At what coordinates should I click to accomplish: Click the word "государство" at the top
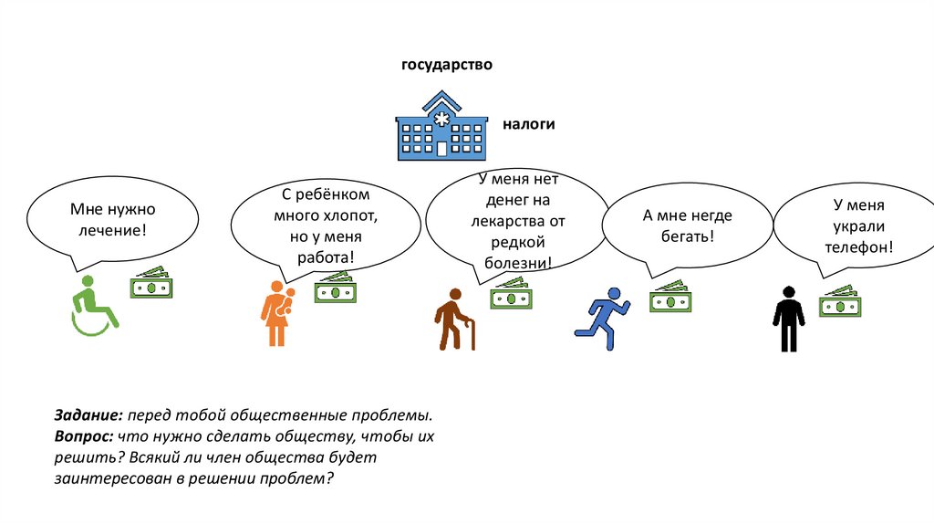click(x=447, y=66)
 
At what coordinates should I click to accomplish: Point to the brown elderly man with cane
click(x=453, y=320)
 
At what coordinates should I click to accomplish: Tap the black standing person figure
click(x=788, y=319)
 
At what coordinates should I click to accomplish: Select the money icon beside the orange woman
click(x=335, y=288)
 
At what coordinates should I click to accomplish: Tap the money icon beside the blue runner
click(x=671, y=298)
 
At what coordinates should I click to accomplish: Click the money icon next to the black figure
click(x=840, y=302)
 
